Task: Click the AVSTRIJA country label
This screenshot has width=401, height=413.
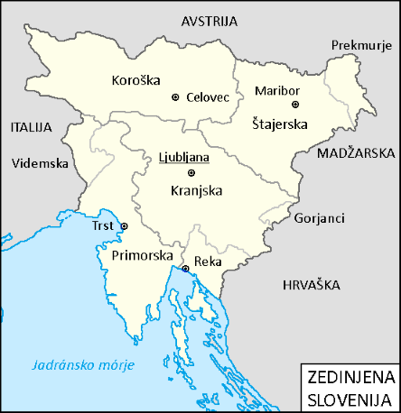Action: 210,20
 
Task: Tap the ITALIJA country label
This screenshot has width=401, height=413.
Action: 33,127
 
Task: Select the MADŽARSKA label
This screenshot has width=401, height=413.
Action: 358,153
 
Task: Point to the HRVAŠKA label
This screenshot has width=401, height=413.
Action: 310,284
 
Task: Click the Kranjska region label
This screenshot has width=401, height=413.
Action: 196,190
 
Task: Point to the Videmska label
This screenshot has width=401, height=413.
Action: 41,164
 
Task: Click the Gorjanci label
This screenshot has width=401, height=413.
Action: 317,219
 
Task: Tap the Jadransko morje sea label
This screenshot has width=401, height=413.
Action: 82,365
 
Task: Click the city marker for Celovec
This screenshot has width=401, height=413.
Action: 175,96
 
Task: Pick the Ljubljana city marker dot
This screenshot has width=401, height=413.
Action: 191,173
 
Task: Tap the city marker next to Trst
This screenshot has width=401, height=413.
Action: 125,225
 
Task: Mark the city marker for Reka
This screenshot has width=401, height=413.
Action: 186,269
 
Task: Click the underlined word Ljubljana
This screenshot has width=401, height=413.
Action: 184,157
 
